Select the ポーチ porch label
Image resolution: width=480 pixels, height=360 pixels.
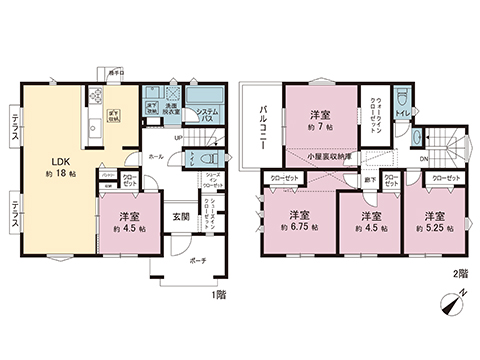click(x=185, y=258)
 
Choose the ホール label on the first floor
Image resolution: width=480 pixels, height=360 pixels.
click(x=156, y=156)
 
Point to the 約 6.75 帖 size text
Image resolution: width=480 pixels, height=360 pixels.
click(x=299, y=228)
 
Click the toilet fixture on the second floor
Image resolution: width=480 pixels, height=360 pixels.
click(x=399, y=100)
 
